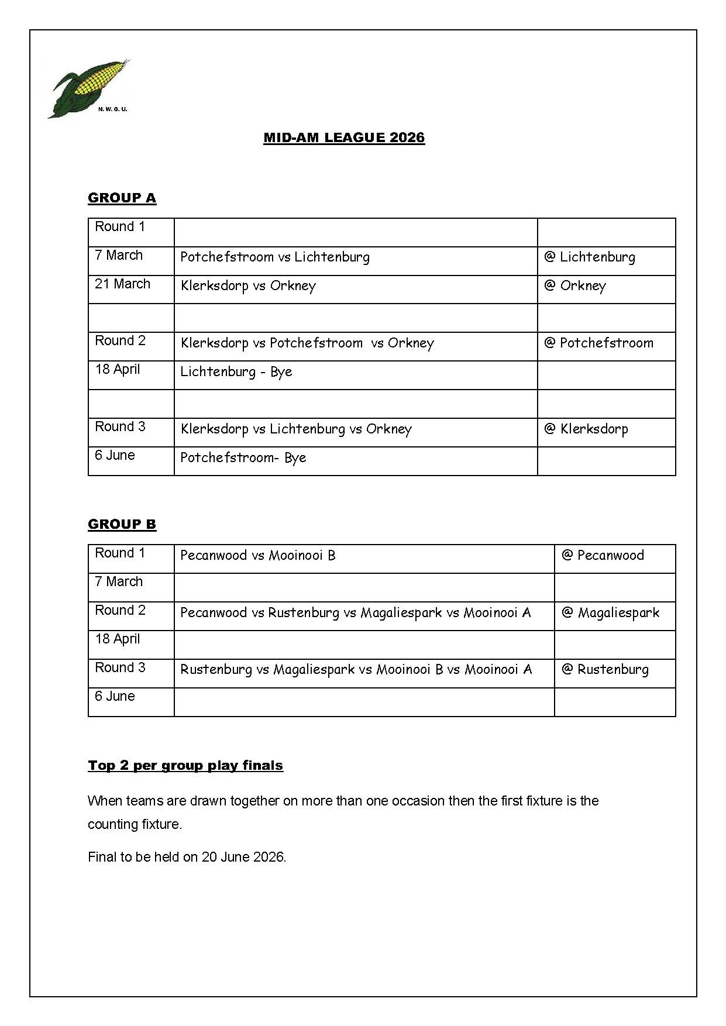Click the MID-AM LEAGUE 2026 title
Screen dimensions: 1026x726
pos(344,138)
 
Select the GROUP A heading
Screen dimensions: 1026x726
pos(122,198)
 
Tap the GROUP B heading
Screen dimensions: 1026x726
pos(122,525)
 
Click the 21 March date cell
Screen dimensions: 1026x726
pos(123,284)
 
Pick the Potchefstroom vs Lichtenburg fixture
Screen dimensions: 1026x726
pos(275,257)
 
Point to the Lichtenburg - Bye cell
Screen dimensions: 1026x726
pos(236,372)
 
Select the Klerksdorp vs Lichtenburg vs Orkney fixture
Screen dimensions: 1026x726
pos(296,429)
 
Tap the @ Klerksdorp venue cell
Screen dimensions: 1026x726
pos(586,429)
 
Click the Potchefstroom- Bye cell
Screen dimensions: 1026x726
pos(243,458)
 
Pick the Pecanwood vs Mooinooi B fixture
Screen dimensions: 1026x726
pos(258,556)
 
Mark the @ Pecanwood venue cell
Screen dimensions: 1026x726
pos(603,556)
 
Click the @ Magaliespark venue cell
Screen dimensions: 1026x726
pos(610,613)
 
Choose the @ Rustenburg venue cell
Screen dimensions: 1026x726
pos(605,670)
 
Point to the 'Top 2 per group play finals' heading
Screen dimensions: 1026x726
pos(185,766)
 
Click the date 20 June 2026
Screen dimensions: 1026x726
pos(243,858)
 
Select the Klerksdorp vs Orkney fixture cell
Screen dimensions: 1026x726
pos(249,286)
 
